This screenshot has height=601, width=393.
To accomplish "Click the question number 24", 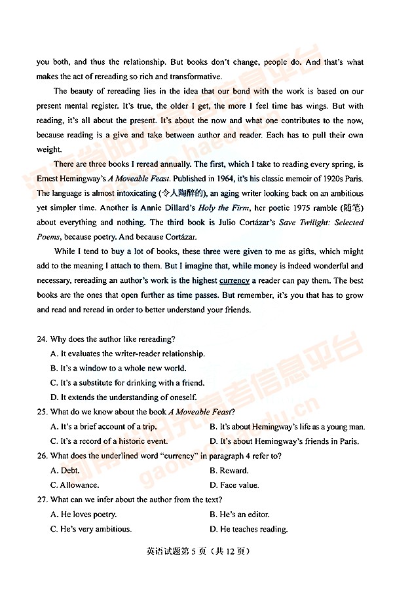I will tap(42, 339).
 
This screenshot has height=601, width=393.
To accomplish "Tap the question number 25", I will tap(42, 412).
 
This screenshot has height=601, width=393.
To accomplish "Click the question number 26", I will tap(42, 456).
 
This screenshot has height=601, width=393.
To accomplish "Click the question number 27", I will tap(42, 500).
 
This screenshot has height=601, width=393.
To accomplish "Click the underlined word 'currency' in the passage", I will tap(234, 281).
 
